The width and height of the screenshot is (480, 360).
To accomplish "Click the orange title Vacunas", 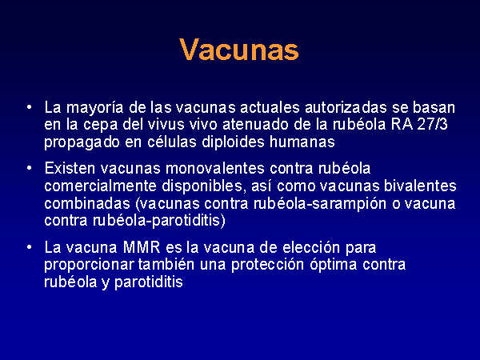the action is [x=239, y=50].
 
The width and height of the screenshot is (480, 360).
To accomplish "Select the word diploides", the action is [x=234, y=142].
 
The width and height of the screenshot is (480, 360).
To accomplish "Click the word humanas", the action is [x=302, y=142].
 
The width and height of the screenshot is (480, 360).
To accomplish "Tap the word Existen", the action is [x=70, y=168].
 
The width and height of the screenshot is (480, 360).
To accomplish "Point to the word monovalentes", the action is [x=215, y=168].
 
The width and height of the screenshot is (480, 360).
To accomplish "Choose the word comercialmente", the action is [x=101, y=186].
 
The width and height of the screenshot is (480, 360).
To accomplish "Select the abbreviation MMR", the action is [x=142, y=247].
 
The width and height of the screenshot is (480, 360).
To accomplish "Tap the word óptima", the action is [x=333, y=265].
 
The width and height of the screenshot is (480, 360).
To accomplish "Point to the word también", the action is [x=166, y=265].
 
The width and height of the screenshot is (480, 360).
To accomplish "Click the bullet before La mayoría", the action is [x=29, y=107].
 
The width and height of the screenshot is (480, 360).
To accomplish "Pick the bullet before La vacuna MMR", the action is [x=29, y=247].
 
